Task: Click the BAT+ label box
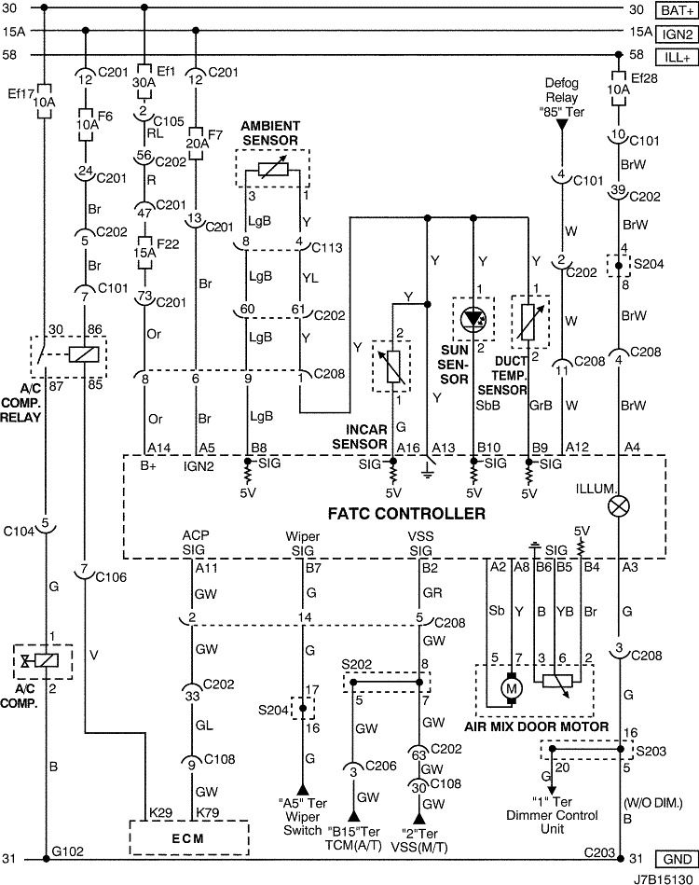(x=677, y=10)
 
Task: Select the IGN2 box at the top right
(x=677, y=34)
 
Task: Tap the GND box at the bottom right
(x=677, y=859)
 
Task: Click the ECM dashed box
(x=189, y=837)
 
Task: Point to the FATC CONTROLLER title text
(x=406, y=514)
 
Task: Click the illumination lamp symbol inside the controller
(x=619, y=506)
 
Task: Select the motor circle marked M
(x=513, y=688)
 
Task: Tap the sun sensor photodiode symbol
(x=473, y=320)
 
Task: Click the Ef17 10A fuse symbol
(x=45, y=102)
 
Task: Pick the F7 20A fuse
(x=196, y=144)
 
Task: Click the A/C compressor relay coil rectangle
(x=84, y=354)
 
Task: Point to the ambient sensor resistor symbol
(x=272, y=169)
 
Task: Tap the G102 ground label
(x=67, y=851)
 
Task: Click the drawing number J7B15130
(x=663, y=878)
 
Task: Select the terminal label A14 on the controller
(x=158, y=448)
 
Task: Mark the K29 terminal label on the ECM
(x=160, y=813)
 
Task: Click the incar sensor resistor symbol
(x=391, y=366)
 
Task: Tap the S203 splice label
(x=651, y=752)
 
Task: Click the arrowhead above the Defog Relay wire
(x=561, y=124)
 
